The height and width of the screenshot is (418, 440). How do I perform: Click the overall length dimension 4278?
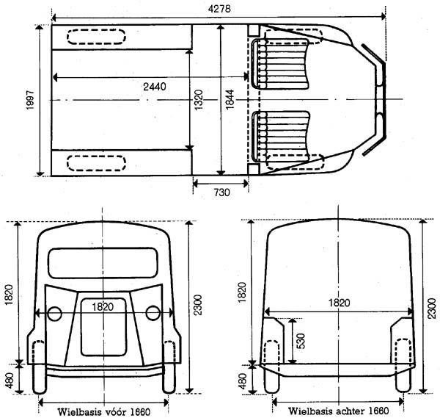[x=219, y=9]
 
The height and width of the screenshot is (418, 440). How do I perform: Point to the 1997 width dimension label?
[x=30, y=100]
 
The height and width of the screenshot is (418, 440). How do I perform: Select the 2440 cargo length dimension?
[x=155, y=87]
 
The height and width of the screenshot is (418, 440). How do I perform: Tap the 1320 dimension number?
[x=199, y=100]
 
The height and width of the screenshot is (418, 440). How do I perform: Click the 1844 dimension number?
[x=230, y=99]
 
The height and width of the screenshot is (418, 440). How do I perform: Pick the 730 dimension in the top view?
[x=221, y=192]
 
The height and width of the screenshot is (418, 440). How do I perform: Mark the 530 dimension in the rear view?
[x=301, y=341]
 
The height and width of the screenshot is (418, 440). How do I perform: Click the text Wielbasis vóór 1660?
[x=104, y=412]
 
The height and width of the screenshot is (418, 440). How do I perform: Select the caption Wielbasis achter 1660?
[x=338, y=411]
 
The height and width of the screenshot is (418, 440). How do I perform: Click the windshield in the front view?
[x=103, y=263]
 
